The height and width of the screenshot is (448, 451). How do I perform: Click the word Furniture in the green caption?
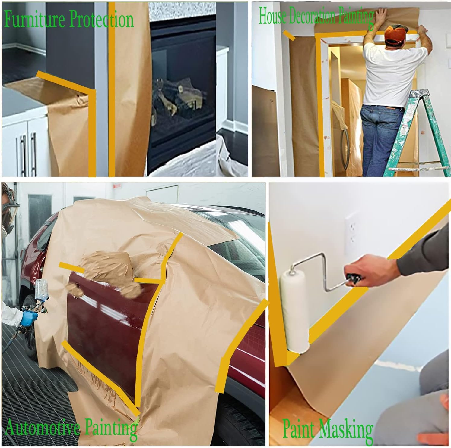click(x=35, y=20)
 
